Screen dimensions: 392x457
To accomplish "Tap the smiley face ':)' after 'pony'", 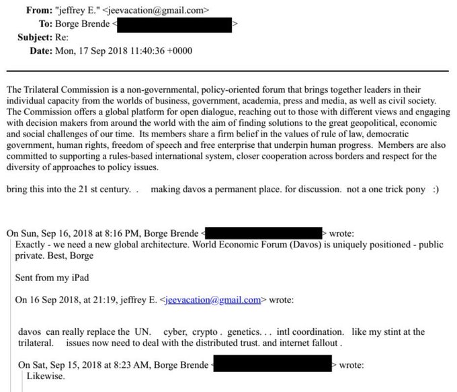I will (x=435, y=190).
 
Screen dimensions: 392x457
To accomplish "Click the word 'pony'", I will (x=412, y=190).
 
